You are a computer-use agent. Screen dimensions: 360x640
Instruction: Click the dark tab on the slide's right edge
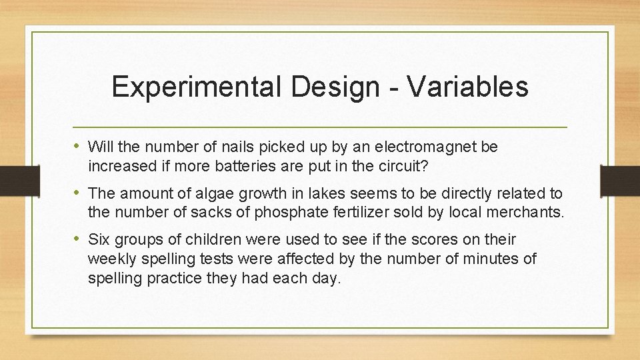(620, 180)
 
